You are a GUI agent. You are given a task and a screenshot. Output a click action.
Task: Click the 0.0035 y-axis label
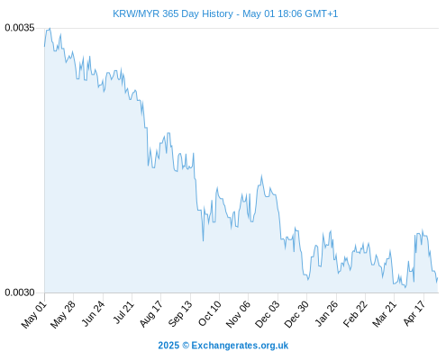pyautogui.click(x=20, y=28)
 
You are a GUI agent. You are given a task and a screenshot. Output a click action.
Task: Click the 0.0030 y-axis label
pyautogui.click(x=20, y=292)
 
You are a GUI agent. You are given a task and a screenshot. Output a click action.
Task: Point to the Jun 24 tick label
pyautogui.click(x=93, y=314)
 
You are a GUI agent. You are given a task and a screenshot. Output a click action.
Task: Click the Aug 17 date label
pyautogui.click(x=151, y=314)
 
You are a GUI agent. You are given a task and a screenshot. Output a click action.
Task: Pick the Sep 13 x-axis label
pyautogui.click(x=180, y=314)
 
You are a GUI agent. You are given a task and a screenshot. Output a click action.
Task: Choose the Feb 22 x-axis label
pyautogui.click(x=355, y=314)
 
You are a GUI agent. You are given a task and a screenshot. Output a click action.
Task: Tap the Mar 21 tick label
pyautogui.click(x=385, y=314)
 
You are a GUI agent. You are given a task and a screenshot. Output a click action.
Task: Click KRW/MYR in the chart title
pyautogui.click(x=136, y=13)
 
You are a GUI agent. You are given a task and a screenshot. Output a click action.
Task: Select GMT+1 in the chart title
pyautogui.click(x=321, y=13)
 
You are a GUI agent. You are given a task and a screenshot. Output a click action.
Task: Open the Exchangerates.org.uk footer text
pyautogui.click(x=240, y=346)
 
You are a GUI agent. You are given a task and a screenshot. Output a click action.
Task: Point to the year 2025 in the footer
pyautogui.click(x=168, y=346)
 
